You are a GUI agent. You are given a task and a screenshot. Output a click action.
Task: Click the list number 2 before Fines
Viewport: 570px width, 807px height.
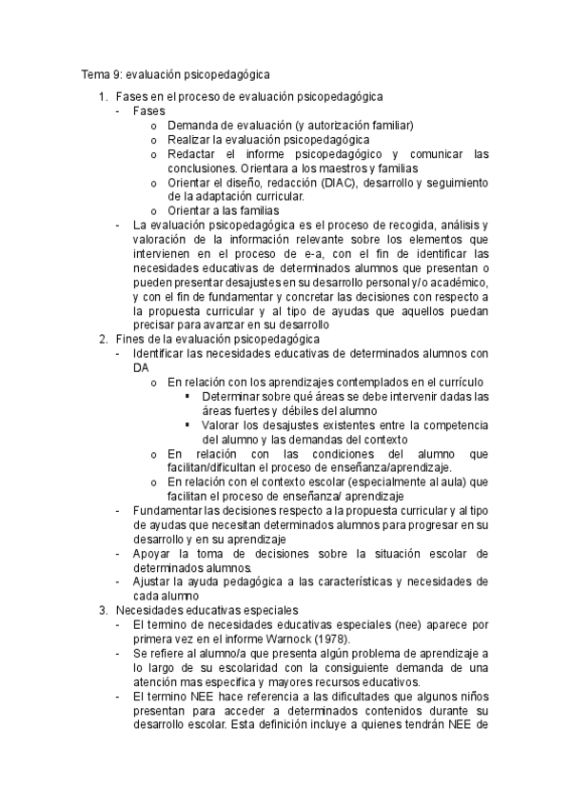click(x=103, y=339)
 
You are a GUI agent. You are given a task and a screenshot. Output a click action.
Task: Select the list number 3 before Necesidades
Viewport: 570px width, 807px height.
click(x=103, y=609)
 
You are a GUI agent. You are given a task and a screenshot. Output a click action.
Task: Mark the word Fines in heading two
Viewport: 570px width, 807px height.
click(x=130, y=339)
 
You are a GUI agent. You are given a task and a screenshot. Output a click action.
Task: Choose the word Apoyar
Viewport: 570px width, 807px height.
click(x=154, y=553)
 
